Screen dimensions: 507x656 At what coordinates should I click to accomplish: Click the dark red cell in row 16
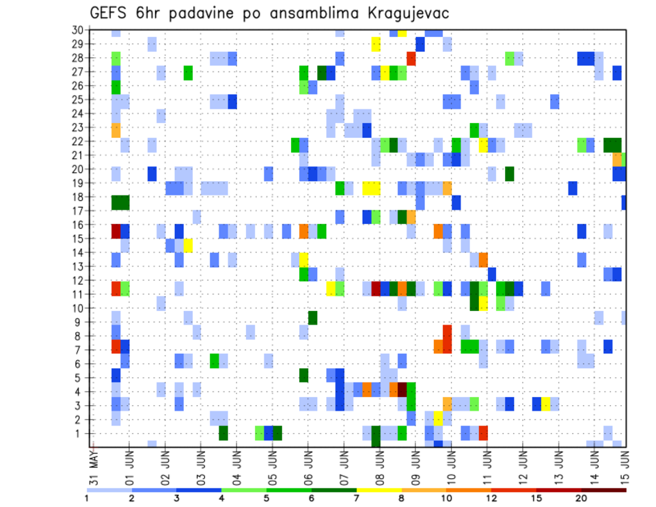[116, 231]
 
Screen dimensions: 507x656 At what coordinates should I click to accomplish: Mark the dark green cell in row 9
[312, 318]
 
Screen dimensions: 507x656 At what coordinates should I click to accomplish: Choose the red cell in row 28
[411, 58]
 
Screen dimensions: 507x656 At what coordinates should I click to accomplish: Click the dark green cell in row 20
[509, 174]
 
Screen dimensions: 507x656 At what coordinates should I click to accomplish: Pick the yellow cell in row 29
[376, 44]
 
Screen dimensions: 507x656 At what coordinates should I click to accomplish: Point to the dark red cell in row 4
[402, 389]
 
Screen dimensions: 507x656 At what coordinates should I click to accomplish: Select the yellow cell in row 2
[438, 418]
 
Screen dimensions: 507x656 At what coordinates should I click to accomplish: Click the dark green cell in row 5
[303, 375]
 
